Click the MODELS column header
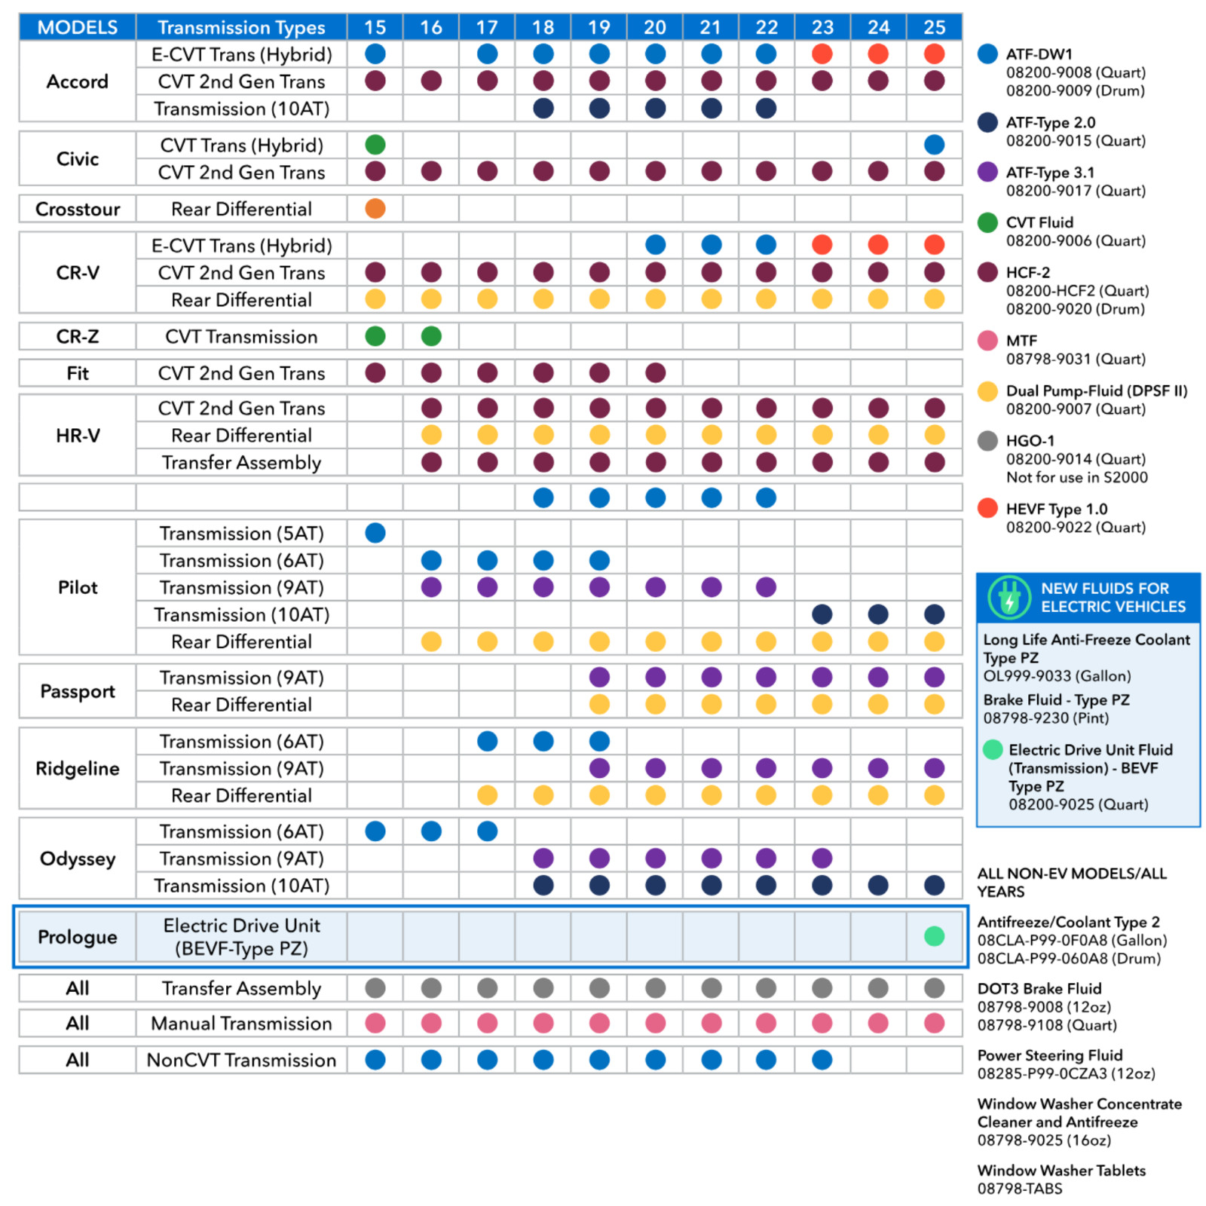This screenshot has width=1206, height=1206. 78,27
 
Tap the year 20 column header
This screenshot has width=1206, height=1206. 654,27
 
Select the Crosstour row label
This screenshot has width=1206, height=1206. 78,209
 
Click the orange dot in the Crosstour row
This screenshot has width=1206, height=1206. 375,208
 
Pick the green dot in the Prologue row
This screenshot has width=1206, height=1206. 934,936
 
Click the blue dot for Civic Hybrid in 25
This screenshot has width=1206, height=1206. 934,145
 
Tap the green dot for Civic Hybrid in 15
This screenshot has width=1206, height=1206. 375,145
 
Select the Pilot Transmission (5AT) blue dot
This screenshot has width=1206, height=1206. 375,533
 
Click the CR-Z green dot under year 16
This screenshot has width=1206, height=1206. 431,336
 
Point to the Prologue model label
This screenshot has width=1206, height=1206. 78,937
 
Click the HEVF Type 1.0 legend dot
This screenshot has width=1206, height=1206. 987,508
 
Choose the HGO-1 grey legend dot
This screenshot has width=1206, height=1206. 987,440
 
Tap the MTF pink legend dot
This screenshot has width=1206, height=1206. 987,341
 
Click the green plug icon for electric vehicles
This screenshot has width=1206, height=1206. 1009,598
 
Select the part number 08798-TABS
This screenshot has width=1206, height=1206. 1020,1189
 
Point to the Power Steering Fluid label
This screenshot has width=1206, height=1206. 1050,1055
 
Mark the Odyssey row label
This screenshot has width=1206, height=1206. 78,859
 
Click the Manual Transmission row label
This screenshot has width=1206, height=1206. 241,1023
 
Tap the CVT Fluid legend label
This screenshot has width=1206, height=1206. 1039,222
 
